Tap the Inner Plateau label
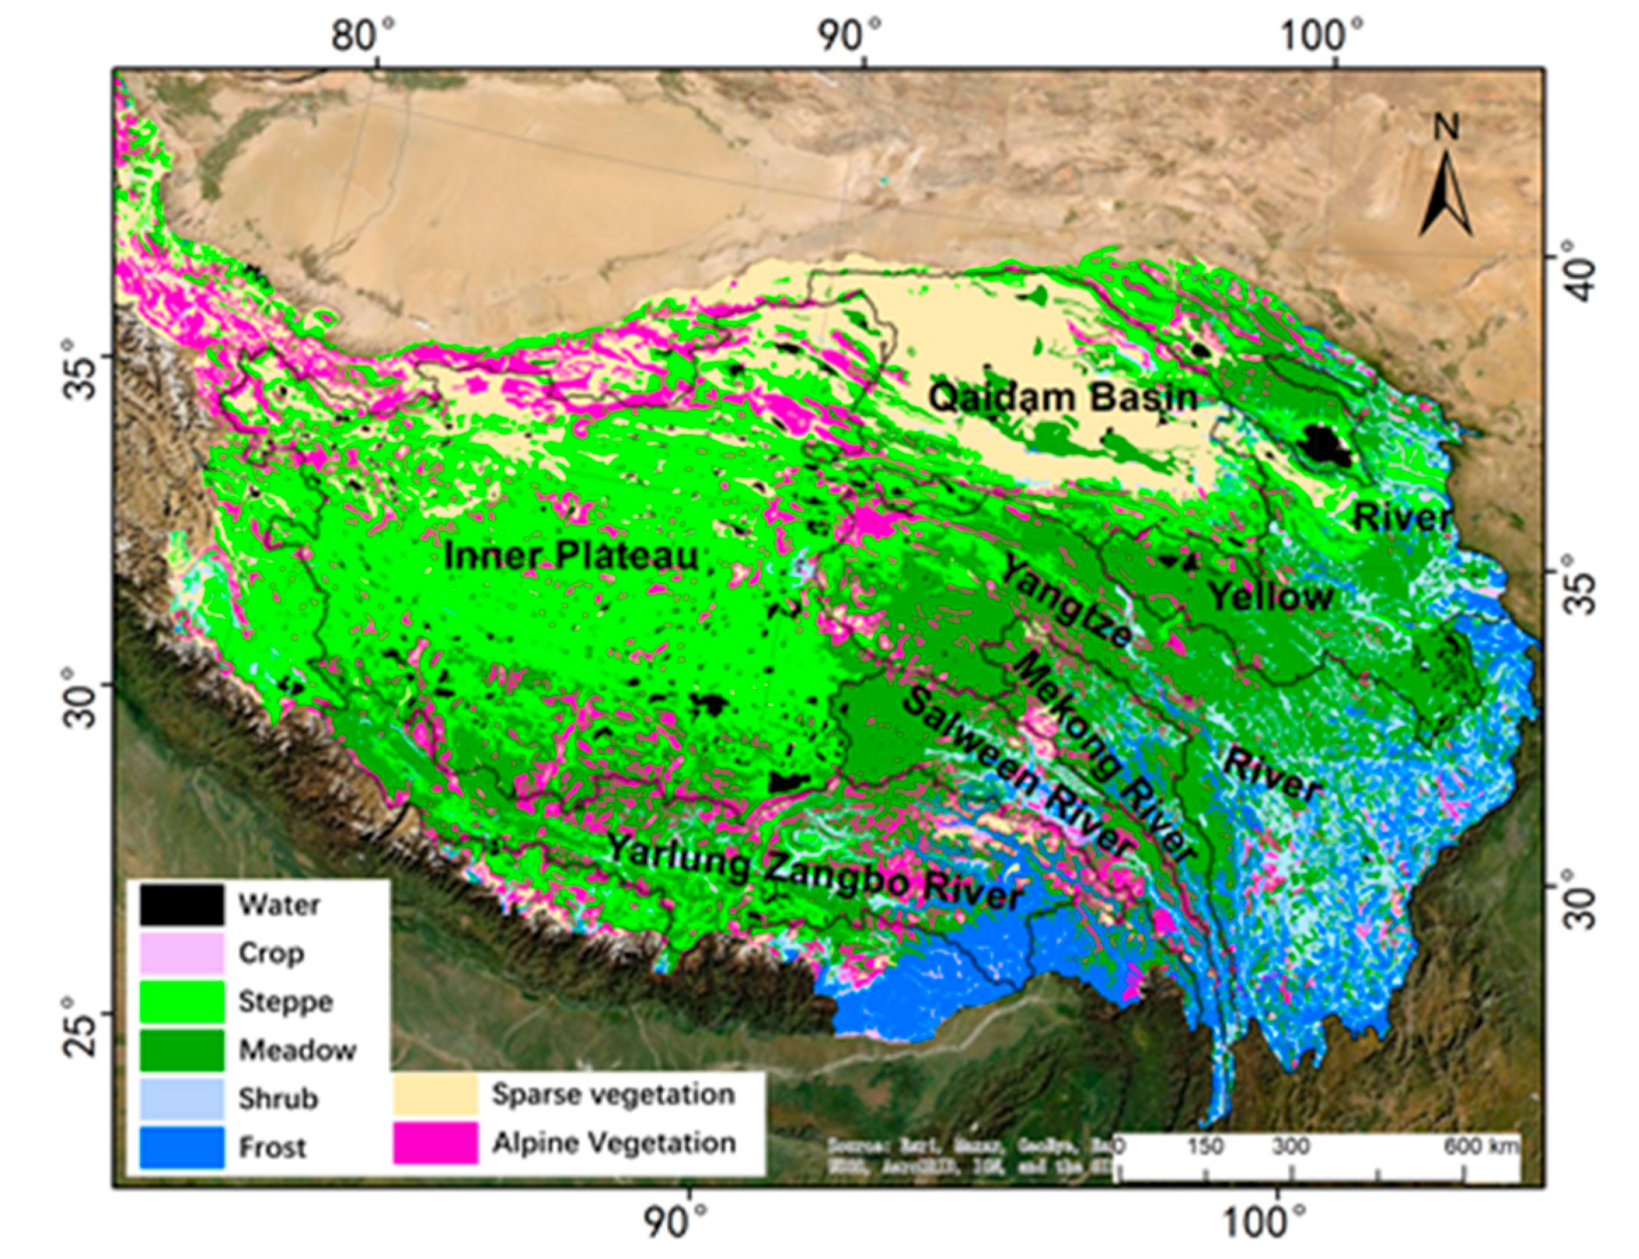[x=571, y=556]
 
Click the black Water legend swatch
[x=181, y=905]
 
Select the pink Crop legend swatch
[x=181, y=952]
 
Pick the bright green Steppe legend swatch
[x=181, y=1001]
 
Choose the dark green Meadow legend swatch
[x=181, y=1050]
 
